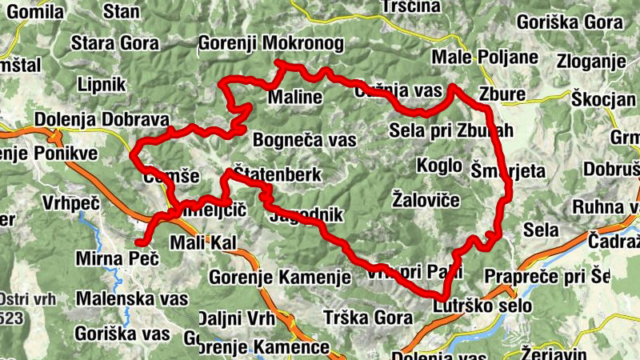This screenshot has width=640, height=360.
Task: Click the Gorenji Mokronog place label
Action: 270,42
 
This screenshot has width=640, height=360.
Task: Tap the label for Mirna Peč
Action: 117,259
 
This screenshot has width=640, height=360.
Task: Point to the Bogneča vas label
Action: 304,140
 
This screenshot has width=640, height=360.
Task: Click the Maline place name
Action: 294,98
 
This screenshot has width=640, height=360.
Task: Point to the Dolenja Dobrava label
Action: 98,119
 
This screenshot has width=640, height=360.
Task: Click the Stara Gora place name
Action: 116,42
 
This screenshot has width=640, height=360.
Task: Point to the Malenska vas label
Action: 131,298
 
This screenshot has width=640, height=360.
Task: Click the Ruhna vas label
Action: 607,207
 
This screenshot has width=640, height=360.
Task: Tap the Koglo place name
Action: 439,166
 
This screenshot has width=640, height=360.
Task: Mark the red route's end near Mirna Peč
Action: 138,242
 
